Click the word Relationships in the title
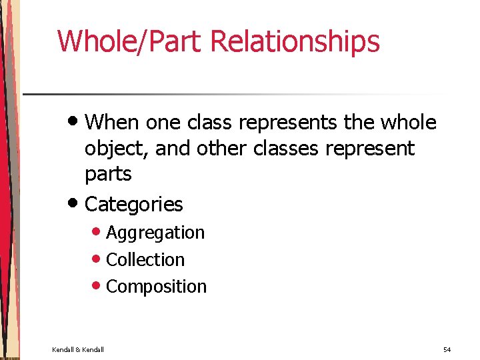coord(295,41)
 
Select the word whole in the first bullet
coord(408,123)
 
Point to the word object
coord(117,149)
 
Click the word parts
coord(108,175)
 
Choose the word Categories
coord(134,204)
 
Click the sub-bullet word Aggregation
coord(155,233)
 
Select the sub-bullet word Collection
coord(145,259)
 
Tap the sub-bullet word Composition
coord(157,287)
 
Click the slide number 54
coord(447,349)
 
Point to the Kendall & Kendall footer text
coord(78,349)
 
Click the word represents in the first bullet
coord(292,123)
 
